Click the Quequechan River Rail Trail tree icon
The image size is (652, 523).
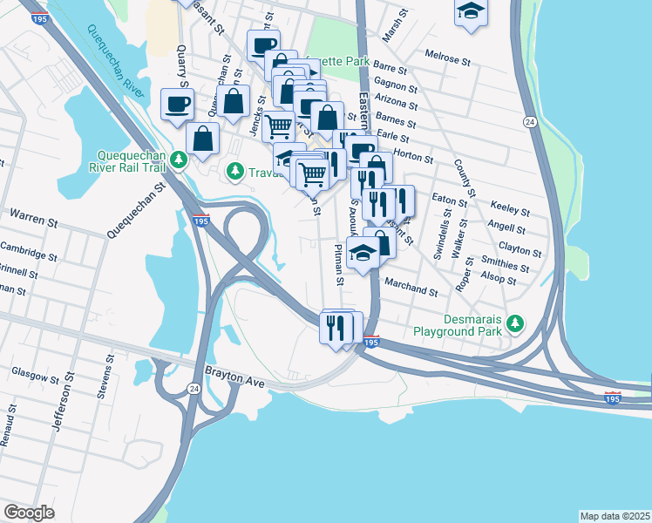coord(179,160)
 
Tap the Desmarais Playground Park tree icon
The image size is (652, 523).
coord(516,324)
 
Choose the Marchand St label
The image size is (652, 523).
coord(410,289)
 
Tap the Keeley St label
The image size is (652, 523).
coord(510,210)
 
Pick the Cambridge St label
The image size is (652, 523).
coord(28,255)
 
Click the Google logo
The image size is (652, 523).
coord(29,512)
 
